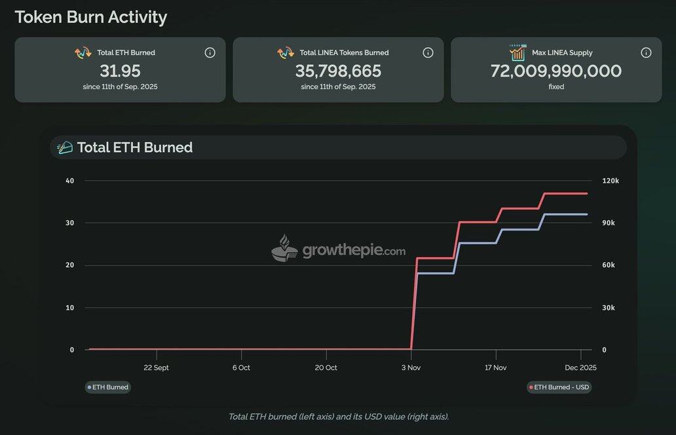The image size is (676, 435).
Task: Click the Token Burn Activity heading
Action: (x=90, y=17)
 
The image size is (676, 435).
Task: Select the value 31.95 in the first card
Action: (x=120, y=71)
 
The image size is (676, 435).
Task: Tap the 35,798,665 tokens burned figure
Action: (x=338, y=71)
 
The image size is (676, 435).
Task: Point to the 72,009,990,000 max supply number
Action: (x=556, y=71)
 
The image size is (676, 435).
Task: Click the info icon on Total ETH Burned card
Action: (x=210, y=52)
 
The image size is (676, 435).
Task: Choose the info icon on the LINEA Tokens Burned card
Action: (x=428, y=52)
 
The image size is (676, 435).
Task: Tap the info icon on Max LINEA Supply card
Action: (x=646, y=52)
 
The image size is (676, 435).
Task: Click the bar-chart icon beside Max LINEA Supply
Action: (x=518, y=52)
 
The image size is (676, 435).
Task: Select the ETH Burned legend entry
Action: (x=108, y=387)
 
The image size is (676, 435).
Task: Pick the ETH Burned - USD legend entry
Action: (x=559, y=387)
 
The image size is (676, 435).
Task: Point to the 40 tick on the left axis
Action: (x=70, y=181)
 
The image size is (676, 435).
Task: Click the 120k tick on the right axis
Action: (x=610, y=181)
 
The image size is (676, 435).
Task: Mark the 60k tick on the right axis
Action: (x=609, y=265)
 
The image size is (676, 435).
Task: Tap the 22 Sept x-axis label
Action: (x=156, y=368)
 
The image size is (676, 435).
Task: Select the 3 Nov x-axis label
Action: (x=411, y=368)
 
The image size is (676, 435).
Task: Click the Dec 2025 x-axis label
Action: (x=580, y=368)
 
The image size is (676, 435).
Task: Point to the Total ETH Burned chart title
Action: (x=134, y=147)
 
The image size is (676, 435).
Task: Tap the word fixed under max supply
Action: (x=556, y=86)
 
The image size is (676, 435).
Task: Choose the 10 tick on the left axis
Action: (x=70, y=307)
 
